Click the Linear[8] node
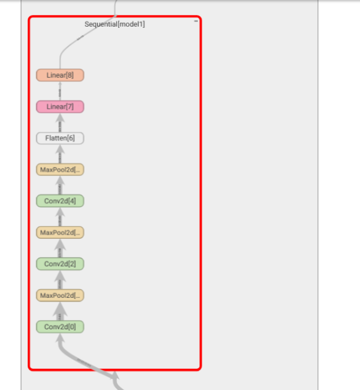tap(60, 75)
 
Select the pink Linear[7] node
tap(60, 106)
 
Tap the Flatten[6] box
tap(60, 138)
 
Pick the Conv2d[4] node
tap(60, 201)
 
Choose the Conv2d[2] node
tap(60, 264)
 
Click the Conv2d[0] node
tap(60, 327)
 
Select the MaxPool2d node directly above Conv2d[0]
tap(60, 295)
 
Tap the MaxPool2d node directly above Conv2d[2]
tap(60, 232)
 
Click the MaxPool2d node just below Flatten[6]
tap(60, 169)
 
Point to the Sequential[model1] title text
tap(114, 24)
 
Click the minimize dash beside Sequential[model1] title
tap(195, 21)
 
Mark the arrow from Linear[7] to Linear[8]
tap(60, 91)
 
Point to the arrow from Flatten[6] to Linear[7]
tap(60, 123)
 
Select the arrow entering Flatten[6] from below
tap(60, 154)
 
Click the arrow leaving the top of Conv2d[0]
tap(60, 311)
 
